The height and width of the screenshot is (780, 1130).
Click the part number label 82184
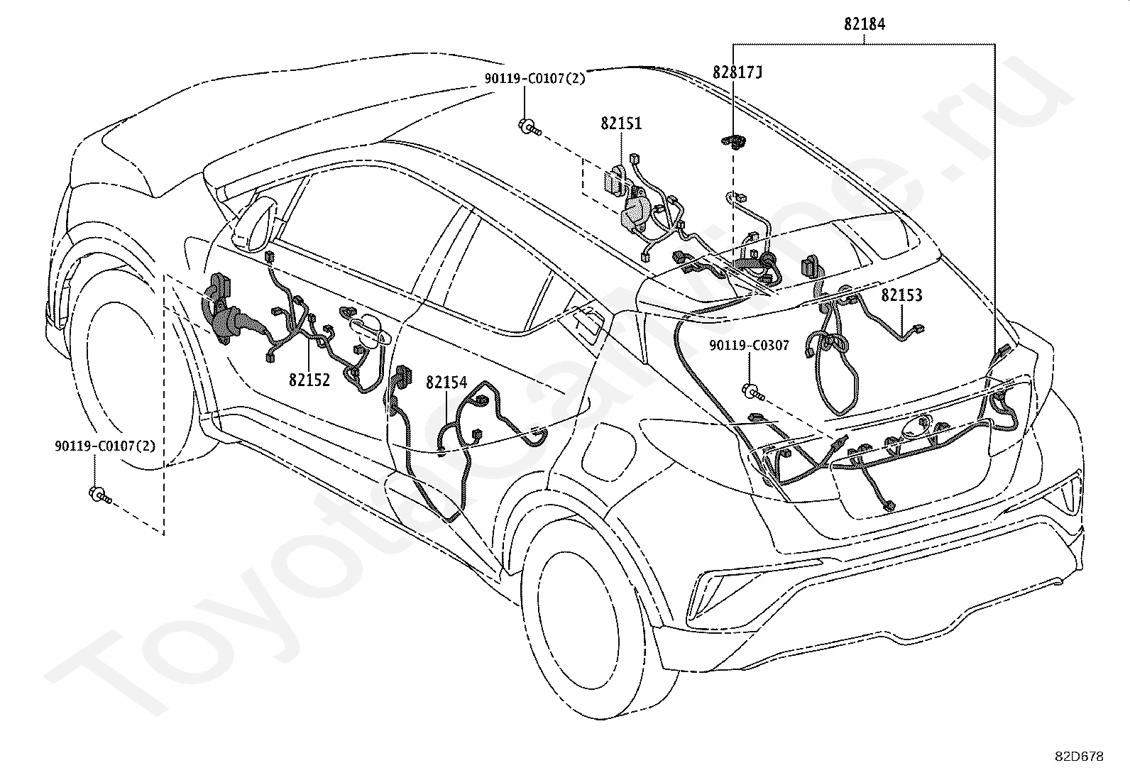pos(864,24)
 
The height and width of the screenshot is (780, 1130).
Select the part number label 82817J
pos(737,72)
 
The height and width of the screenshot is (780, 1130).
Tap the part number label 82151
pos(621,123)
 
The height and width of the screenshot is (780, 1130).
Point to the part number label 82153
pos(901,295)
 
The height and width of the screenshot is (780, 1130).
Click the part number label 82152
pos(309,380)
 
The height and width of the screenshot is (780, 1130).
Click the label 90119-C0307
pos(749,346)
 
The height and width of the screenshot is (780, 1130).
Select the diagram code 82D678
pos(1079,757)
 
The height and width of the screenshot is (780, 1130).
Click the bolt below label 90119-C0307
pos(754,392)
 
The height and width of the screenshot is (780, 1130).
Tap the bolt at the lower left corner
pos(100,495)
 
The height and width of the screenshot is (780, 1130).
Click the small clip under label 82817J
pos(734,143)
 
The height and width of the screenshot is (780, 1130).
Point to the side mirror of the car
pos(256,224)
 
